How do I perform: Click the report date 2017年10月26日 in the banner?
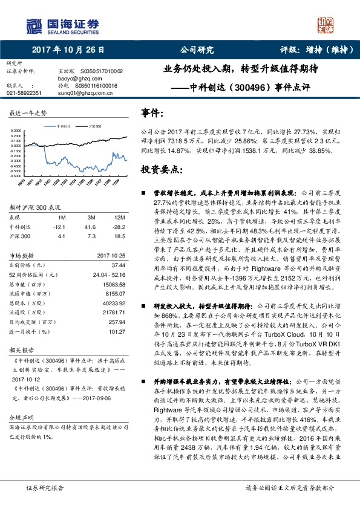click(x=68, y=51)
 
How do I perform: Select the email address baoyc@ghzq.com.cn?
click(x=76, y=78)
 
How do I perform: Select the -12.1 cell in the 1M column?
click(x=59, y=225)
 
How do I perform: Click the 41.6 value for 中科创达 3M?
click(x=92, y=225)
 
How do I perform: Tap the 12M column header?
click(x=119, y=217)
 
